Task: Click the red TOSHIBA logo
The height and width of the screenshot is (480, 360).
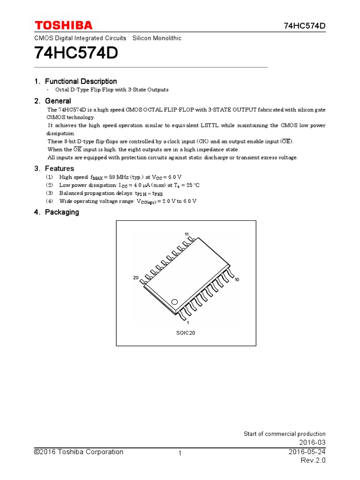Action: (63, 25)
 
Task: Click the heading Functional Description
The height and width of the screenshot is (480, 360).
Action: (81, 81)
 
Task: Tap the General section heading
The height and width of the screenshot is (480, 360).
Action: (58, 101)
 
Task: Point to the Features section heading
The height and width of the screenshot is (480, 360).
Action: (60, 168)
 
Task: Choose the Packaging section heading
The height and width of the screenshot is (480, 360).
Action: (62, 212)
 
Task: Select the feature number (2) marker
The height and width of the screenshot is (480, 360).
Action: (50, 185)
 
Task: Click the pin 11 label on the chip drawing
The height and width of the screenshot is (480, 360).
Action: (187, 234)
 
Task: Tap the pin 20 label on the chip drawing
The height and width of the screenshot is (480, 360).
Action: (135, 278)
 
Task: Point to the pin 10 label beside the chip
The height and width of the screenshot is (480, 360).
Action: (237, 279)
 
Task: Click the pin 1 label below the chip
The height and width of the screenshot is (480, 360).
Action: (187, 322)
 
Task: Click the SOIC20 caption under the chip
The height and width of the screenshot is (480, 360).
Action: (186, 333)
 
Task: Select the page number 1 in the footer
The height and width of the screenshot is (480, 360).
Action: (180, 453)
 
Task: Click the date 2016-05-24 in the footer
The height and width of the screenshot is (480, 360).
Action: (307, 452)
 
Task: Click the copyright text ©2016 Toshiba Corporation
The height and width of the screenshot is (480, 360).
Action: (78, 452)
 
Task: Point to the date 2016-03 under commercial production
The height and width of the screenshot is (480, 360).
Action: (312, 443)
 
